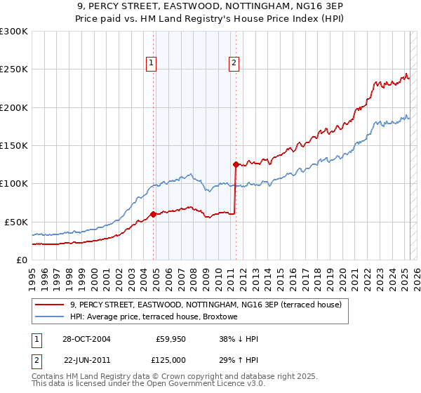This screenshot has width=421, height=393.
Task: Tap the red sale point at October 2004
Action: [153, 214]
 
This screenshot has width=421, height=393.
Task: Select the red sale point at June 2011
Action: [236, 164]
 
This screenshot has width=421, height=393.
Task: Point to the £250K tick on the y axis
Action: [15, 69]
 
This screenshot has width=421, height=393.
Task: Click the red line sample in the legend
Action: [49, 305]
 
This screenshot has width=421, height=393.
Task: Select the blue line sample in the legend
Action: [49, 317]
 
